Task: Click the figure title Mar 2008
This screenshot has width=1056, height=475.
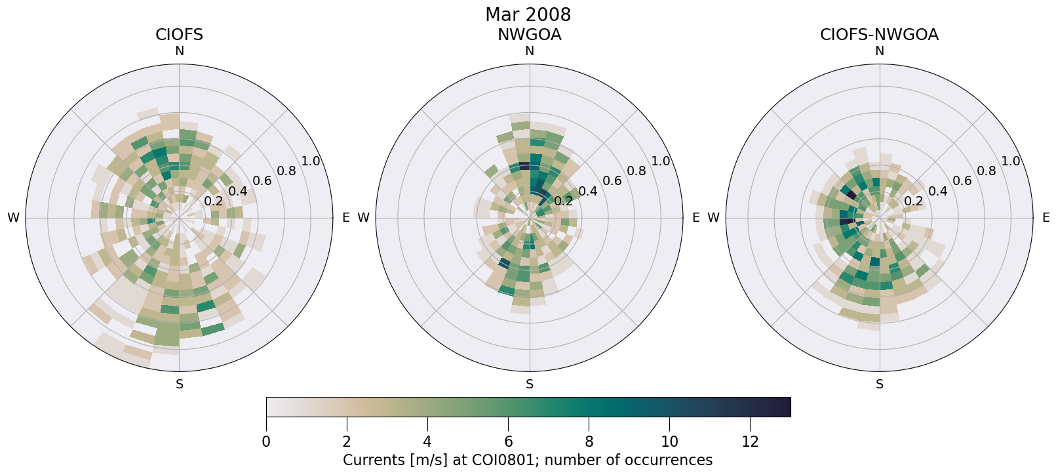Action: (528, 14)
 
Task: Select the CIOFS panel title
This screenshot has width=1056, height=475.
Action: (179, 35)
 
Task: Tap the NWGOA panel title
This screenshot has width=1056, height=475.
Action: (529, 35)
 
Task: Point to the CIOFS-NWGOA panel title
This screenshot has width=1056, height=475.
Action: (879, 35)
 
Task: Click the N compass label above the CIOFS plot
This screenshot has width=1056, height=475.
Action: (179, 51)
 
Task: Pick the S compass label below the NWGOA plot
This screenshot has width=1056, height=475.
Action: (530, 384)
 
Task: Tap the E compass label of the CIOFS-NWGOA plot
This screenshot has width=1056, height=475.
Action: (1046, 218)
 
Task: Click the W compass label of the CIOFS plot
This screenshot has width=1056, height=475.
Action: (13, 218)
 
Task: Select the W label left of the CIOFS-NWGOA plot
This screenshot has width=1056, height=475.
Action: (713, 218)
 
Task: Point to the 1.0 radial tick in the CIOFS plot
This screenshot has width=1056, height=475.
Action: (311, 161)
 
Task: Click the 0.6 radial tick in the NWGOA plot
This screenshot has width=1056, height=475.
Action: (612, 181)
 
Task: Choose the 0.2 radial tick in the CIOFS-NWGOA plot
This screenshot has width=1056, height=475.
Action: (913, 201)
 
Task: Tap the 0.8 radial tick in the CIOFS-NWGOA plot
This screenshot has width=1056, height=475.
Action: (987, 171)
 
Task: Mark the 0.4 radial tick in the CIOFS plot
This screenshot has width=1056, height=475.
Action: (238, 192)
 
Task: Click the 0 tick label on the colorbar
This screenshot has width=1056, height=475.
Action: (266, 442)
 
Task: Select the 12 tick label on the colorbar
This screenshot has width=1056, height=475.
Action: (750, 442)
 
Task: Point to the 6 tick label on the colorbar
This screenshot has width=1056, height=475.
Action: (508, 442)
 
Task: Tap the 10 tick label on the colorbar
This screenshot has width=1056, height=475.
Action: (669, 442)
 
